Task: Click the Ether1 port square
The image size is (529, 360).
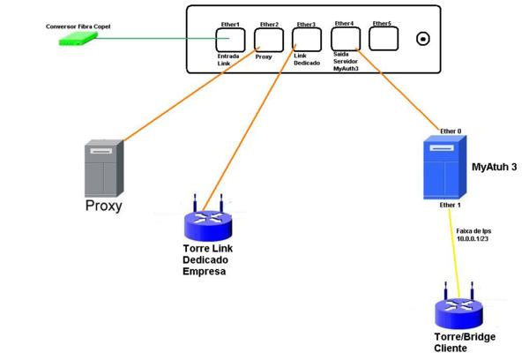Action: pos(230,40)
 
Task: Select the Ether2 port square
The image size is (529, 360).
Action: pos(268,40)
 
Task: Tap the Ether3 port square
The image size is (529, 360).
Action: pos(306,40)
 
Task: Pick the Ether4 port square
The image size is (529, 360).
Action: pos(344,39)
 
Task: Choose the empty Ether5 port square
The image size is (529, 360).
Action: pos(382,39)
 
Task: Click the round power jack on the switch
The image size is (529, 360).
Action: pos(424,40)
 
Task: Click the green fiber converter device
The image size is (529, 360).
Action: pos(70,39)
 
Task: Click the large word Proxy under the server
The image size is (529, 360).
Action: pos(102,206)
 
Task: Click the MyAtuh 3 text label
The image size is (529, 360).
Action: pos(495,166)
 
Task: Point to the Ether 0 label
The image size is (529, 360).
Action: pos(451,130)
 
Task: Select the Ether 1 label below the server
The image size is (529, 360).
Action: pos(449,205)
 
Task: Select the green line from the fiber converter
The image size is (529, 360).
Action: pos(159,39)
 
